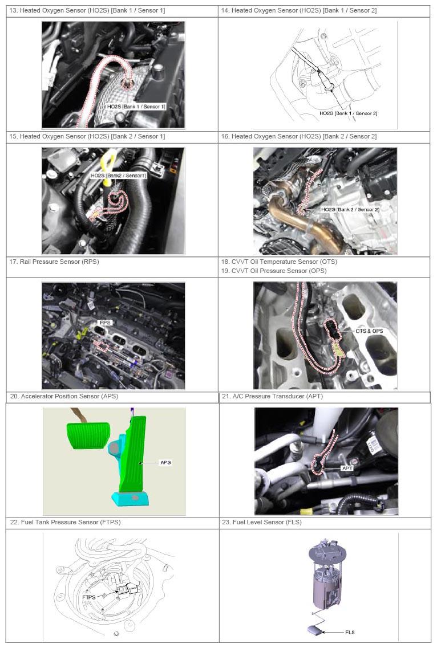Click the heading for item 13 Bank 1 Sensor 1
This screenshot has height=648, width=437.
[87, 10]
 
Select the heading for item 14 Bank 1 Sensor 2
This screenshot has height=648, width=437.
[299, 10]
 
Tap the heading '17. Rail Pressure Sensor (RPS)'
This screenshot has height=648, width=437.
[54, 262]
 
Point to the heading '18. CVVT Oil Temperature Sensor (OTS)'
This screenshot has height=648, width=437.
[279, 262]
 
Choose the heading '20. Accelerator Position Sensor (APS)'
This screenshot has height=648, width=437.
[64, 396]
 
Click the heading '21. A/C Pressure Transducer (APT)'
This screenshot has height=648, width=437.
[272, 396]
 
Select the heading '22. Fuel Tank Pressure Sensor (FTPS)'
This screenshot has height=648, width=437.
[66, 522]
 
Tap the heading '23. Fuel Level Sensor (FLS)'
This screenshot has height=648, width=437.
[262, 522]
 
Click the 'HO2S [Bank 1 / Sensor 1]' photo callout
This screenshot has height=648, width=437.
[136, 107]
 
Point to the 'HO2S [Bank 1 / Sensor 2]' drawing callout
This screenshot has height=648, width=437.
[348, 113]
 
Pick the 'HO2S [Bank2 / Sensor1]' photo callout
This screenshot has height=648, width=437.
[118, 176]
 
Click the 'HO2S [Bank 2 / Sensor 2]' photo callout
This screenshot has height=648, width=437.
[350, 210]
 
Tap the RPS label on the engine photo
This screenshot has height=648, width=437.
[105, 323]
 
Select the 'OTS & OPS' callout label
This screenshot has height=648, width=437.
[369, 331]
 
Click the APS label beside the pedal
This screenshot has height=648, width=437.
[165, 462]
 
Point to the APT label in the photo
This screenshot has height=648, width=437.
[347, 468]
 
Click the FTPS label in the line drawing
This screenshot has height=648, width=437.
[89, 597]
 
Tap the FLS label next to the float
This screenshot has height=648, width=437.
[350, 632]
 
